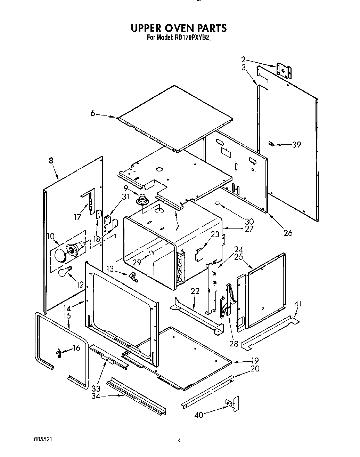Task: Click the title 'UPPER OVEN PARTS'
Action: tap(179, 28)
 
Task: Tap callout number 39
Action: tap(296, 145)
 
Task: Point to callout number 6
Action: tap(93, 113)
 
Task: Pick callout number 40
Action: tap(199, 415)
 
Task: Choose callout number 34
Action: tap(96, 396)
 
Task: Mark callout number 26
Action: tap(288, 233)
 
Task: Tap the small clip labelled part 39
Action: tap(272, 144)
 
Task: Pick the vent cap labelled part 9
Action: tap(142, 200)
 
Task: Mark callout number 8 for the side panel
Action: tap(51, 160)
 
